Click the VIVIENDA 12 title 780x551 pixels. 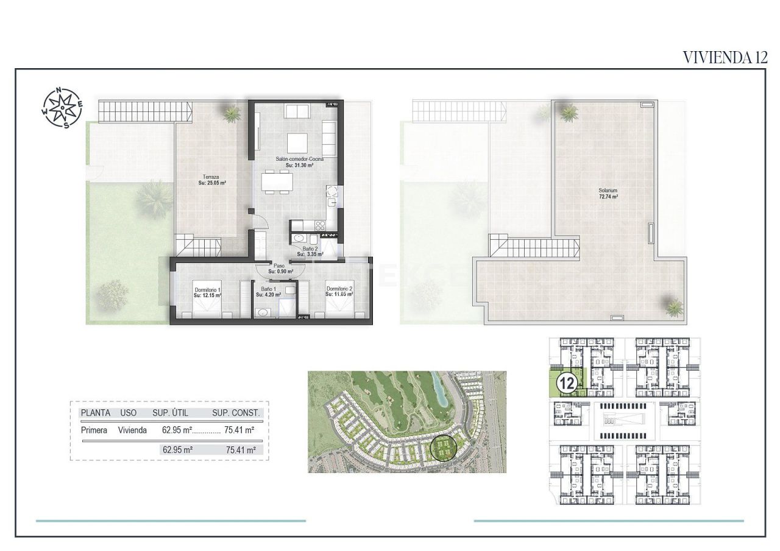[x=724, y=57]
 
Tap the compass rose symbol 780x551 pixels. [x=62, y=108]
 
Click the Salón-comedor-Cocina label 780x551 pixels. [x=299, y=161]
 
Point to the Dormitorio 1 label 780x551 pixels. [x=207, y=292]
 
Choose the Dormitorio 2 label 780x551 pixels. [x=340, y=292]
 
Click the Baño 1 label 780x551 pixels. [x=269, y=292]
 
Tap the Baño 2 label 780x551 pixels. [x=310, y=251]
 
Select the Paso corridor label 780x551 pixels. [x=280, y=268]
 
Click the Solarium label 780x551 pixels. [x=608, y=194]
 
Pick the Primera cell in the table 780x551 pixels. [x=94, y=430]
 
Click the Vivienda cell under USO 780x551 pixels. [x=132, y=430]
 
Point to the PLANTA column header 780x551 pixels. [x=96, y=413]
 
